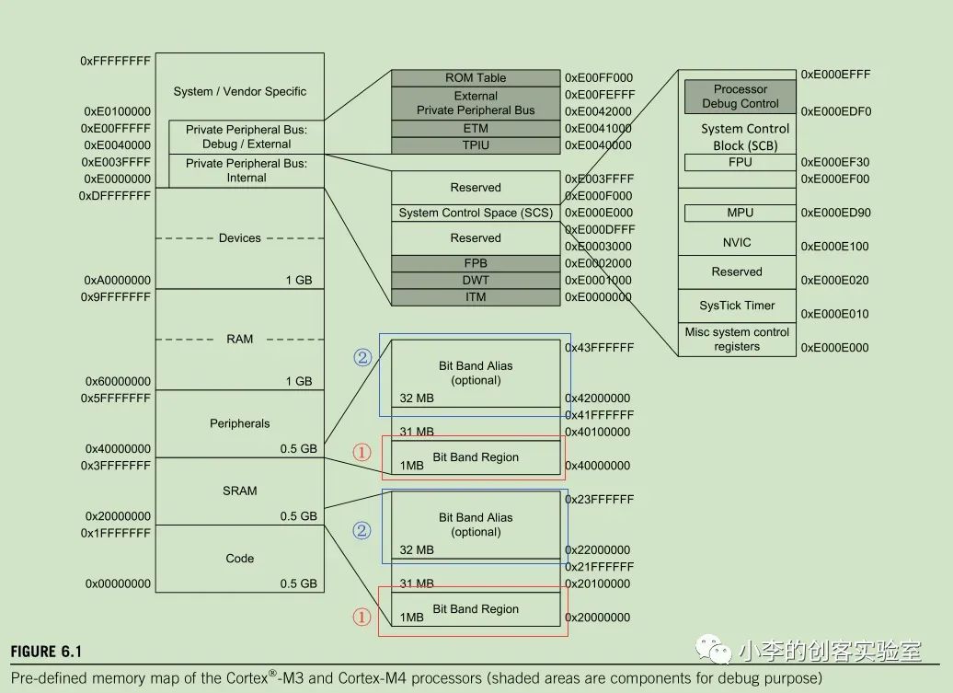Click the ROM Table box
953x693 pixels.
coord(476,78)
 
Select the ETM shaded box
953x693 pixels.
coord(476,128)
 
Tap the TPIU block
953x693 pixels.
coord(476,145)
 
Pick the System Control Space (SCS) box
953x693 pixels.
coord(476,213)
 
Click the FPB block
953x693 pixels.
coord(476,263)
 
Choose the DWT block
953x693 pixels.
coord(476,281)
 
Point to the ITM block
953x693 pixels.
coord(476,297)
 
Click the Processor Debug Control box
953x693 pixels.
coord(740,96)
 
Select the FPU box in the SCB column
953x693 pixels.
coord(740,162)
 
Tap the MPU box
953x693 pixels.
coord(740,213)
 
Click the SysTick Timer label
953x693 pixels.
coord(737,306)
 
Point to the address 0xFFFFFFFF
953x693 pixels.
coord(115,61)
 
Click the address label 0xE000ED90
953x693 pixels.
coord(835,213)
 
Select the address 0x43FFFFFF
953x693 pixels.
coord(599,348)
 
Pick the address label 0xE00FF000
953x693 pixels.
coord(599,78)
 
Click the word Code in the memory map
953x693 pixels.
coord(239,558)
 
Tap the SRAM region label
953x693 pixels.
coord(239,491)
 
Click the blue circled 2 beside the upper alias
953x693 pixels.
coord(362,357)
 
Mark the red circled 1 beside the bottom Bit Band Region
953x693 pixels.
coord(362,617)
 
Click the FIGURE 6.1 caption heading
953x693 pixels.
coord(46,652)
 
